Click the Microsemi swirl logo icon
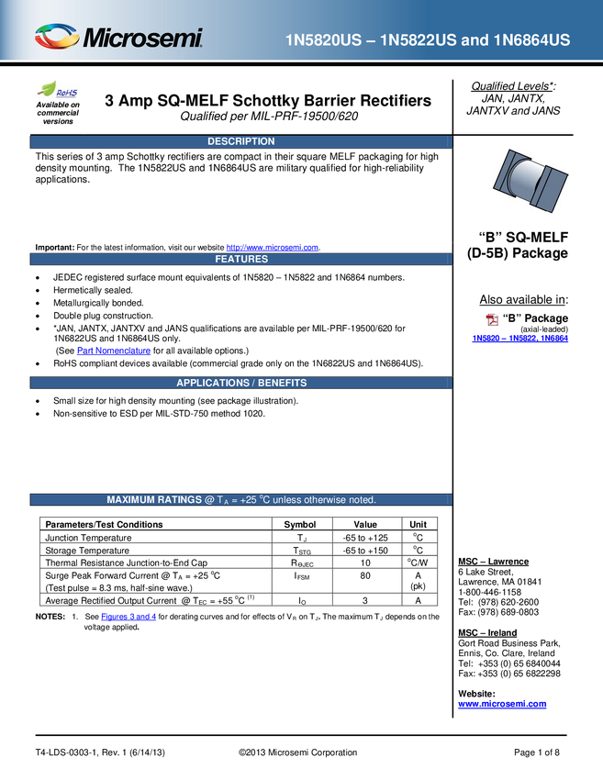click(56, 38)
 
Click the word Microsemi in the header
click(142, 39)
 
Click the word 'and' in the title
click(476, 40)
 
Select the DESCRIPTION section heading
click(240, 141)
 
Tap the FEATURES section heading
click(241, 260)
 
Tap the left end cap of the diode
click(504, 177)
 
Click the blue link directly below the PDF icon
click(519, 339)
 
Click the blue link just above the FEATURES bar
click(272, 247)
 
